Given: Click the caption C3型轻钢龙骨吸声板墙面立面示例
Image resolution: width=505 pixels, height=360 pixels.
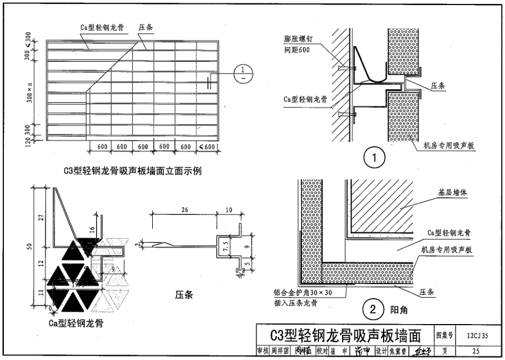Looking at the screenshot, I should (x=132, y=171).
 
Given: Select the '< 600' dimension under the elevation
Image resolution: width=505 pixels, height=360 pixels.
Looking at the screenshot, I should (x=206, y=147).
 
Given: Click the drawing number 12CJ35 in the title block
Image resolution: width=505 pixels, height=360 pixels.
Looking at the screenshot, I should (x=477, y=336).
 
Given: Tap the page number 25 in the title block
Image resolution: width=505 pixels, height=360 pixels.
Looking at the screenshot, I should (x=477, y=351).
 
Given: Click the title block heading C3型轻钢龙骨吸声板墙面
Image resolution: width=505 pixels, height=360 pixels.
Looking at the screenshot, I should (x=345, y=336).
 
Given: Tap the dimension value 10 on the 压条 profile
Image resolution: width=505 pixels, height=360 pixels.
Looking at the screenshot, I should (x=228, y=210).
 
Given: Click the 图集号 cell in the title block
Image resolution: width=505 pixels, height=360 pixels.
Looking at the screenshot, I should (x=446, y=336).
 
